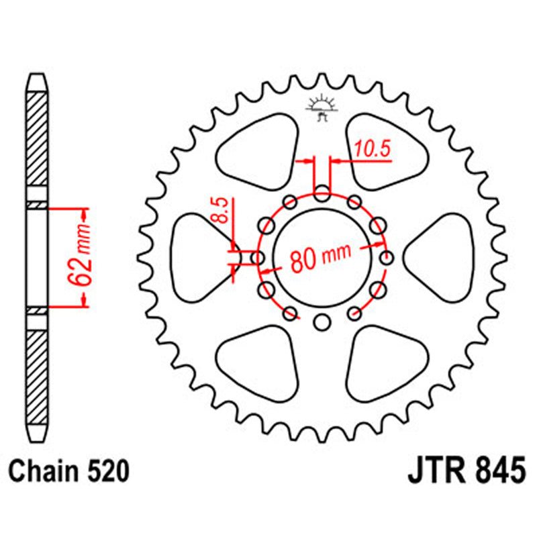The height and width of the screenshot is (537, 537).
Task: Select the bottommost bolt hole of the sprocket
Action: click(322, 322)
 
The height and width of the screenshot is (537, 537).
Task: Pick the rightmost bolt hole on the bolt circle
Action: click(386, 258)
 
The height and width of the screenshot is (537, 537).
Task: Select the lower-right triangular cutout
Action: click(385, 362)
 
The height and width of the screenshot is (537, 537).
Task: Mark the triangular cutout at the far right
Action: click(443, 258)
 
